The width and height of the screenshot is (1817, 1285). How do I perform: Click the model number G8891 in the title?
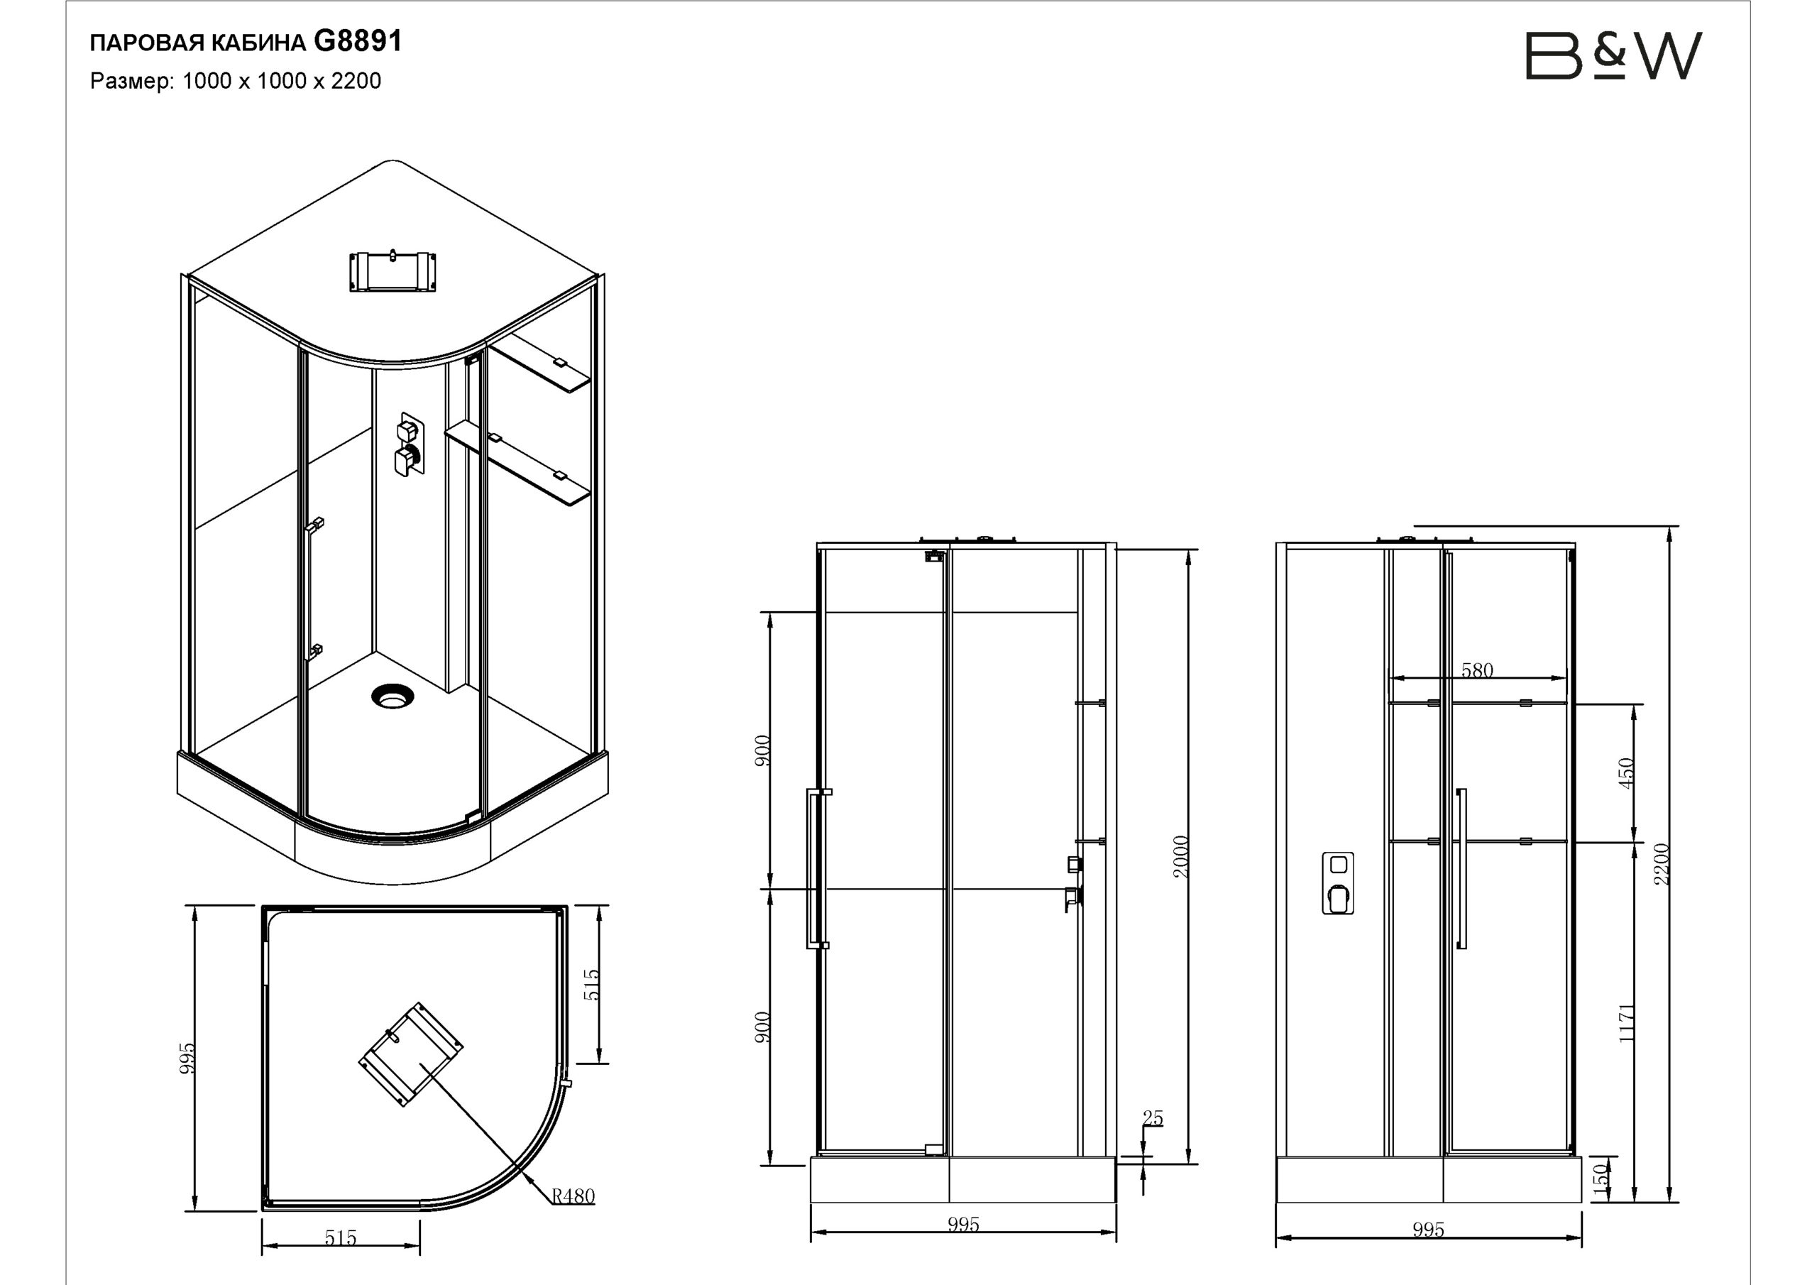coord(358,41)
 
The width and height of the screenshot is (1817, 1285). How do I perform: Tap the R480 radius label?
coord(573,1196)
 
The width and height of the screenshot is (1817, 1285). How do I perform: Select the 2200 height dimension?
coord(1661,865)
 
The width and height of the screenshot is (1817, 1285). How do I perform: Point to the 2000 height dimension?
coord(1181,857)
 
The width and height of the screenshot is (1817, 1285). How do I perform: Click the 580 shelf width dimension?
coord(1477,671)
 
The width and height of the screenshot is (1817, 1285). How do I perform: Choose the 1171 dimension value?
coord(1626,1023)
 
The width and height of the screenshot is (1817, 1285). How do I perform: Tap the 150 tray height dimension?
coord(1601,1179)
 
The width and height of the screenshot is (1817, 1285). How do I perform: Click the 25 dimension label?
coord(1153,1118)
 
